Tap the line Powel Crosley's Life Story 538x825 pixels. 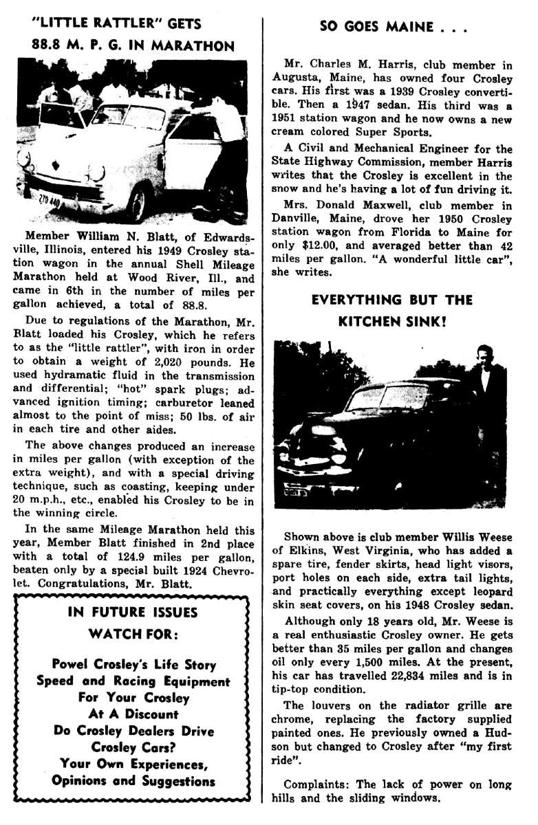(x=133, y=665)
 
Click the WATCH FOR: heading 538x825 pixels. (x=133, y=632)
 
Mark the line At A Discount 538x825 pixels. (x=133, y=714)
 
